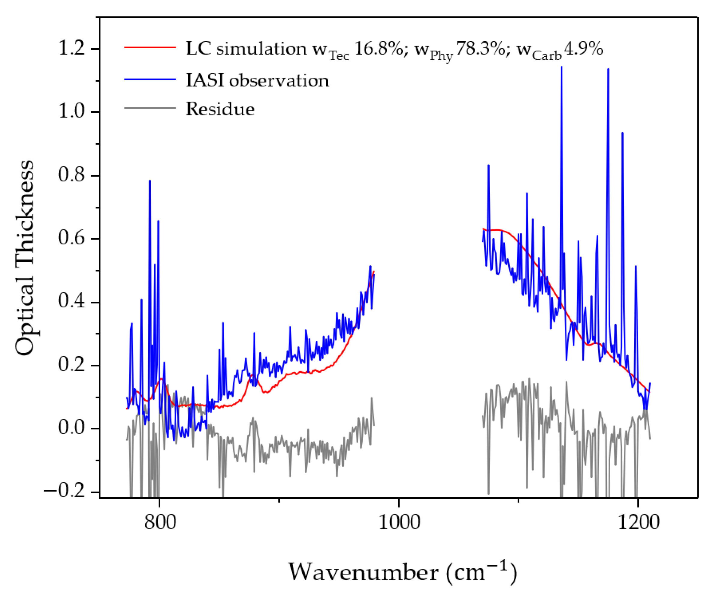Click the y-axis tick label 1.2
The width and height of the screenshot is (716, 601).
click(71, 48)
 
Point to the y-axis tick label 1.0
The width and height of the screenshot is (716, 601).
click(71, 111)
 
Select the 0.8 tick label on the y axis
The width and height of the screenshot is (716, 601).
click(71, 175)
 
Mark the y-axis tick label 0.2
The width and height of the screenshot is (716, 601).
click(71, 365)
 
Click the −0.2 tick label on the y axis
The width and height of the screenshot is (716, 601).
click(65, 491)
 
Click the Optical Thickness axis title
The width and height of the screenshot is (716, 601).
click(25, 258)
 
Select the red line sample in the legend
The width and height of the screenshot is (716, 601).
click(150, 47)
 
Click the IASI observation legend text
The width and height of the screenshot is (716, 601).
click(258, 81)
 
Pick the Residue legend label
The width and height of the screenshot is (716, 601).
click(220, 109)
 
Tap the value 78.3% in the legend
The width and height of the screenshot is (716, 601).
click(480, 49)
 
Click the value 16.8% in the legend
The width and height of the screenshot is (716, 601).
click(379, 49)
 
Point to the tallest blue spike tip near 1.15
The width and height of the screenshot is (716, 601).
click(561, 67)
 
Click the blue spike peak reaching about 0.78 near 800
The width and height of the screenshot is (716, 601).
click(150, 181)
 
